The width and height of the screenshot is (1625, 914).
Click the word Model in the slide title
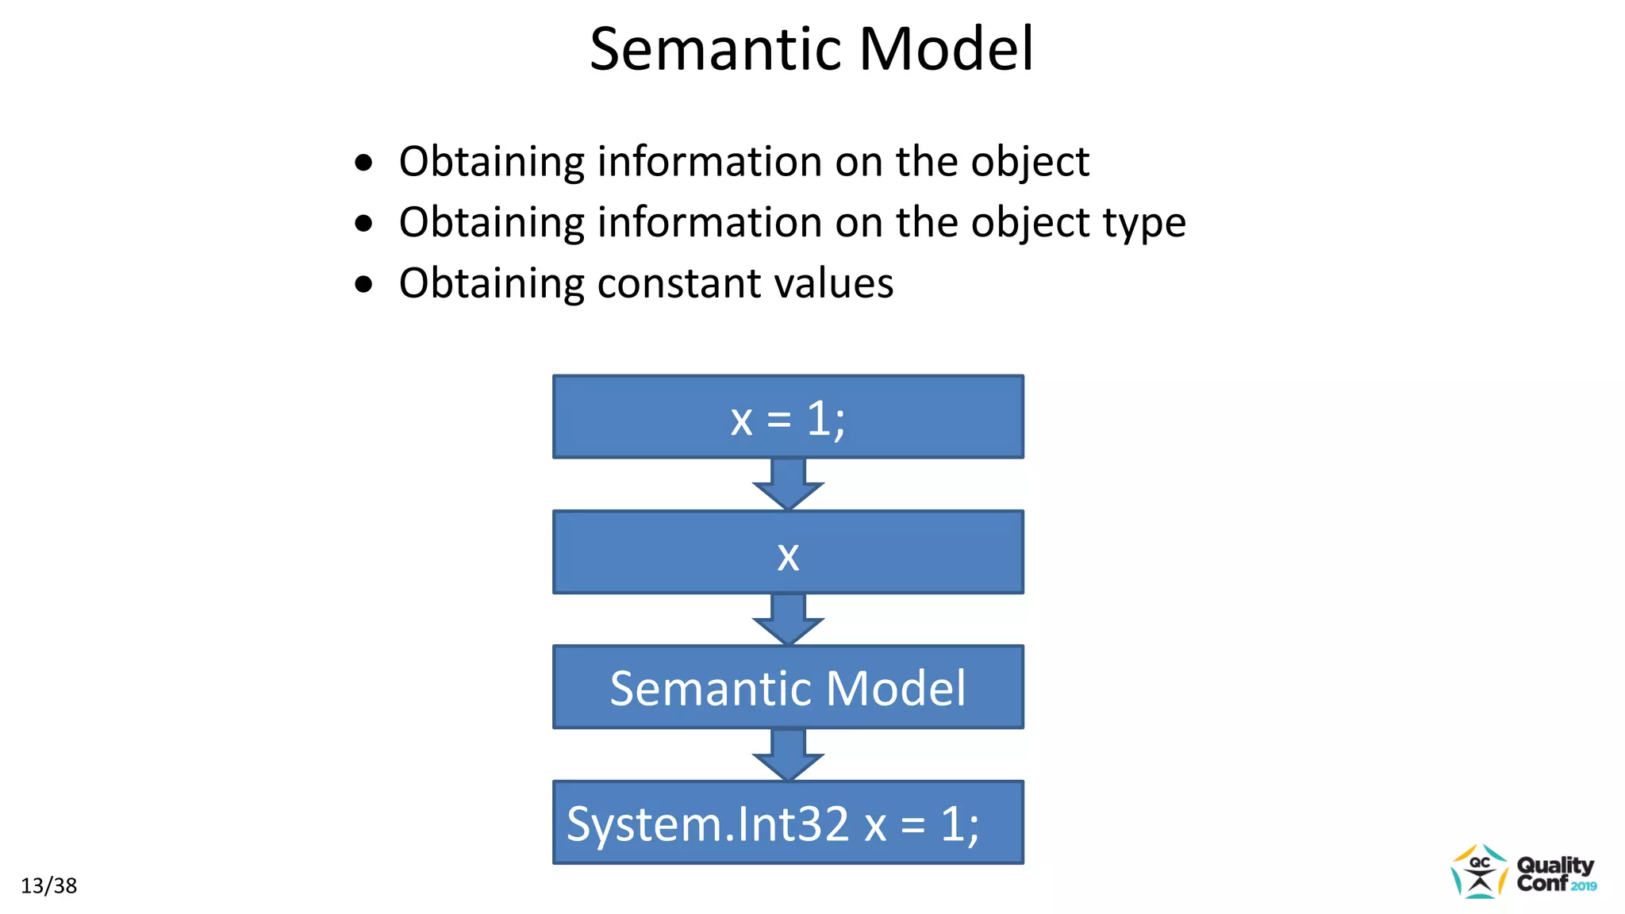pos(946,49)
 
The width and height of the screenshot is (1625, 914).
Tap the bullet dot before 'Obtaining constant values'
pos(363,284)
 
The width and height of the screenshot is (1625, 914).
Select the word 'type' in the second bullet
pos(1145,224)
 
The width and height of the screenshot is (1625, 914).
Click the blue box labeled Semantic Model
pos(788,688)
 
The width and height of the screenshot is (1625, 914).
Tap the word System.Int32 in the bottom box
pos(707,824)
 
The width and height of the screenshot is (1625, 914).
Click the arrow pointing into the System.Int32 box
pos(788,755)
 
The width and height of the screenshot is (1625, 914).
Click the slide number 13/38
pos(48,885)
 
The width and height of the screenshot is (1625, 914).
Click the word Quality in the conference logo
pos(1554,864)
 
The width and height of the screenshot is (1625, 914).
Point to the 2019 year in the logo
pos(1583,886)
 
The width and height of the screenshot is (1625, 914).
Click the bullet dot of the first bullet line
pos(363,163)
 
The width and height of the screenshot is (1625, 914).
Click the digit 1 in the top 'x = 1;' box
pos(819,418)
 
